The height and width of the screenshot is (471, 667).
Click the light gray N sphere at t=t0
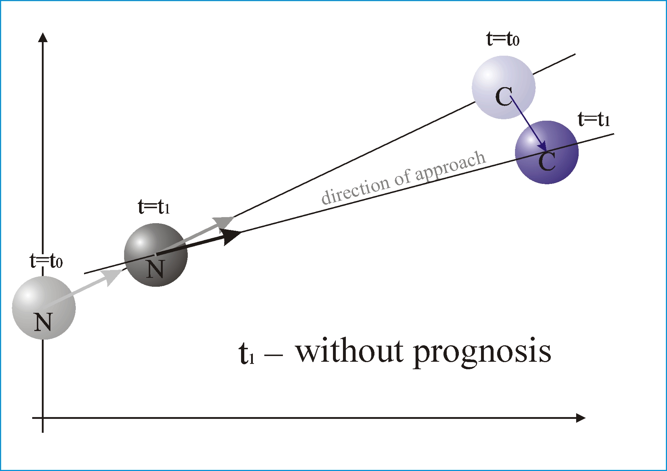click(x=44, y=307)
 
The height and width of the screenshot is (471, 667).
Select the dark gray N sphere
click(x=156, y=255)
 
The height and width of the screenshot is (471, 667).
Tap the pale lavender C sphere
click(x=504, y=87)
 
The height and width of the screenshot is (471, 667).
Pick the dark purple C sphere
click(x=547, y=152)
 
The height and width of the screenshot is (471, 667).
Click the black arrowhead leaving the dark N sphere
click(x=230, y=236)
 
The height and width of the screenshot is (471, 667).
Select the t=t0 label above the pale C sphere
click(x=503, y=39)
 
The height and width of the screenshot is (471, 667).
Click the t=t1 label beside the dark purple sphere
click(x=594, y=119)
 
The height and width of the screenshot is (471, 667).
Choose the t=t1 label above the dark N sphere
click(x=154, y=207)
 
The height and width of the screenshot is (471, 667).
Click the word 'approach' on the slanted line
click(x=451, y=166)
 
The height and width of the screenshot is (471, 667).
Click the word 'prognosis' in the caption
click(x=482, y=353)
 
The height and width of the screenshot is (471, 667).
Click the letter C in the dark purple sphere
click(x=547, y=161)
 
